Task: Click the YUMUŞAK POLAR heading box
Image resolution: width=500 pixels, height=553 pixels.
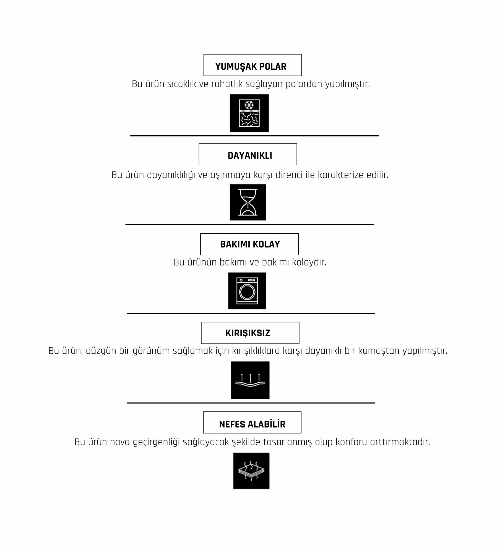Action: click(x=252, y=65)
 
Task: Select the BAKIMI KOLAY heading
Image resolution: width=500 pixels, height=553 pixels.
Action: click(x=249, y=244)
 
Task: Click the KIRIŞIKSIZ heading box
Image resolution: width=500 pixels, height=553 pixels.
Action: click(x=250, y=333)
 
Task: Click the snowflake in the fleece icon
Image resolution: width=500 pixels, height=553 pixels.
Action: click(x=249, y=105)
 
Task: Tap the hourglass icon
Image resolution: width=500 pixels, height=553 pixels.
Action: click(x=248, y=202)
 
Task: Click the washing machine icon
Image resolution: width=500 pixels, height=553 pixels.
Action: click(x=247, y=291)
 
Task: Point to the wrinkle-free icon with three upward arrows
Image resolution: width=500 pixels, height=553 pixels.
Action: click(x=250, y=380)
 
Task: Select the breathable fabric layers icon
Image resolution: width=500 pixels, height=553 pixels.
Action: click(x=251, y=471)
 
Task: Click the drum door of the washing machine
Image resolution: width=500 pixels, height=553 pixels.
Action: click(x=247, y=292)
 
